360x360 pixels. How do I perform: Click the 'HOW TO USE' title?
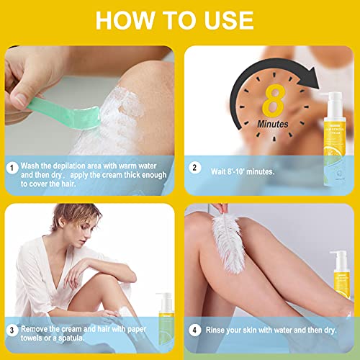(x=180, y=19)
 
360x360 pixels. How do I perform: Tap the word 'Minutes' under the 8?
(x=272, y=123)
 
